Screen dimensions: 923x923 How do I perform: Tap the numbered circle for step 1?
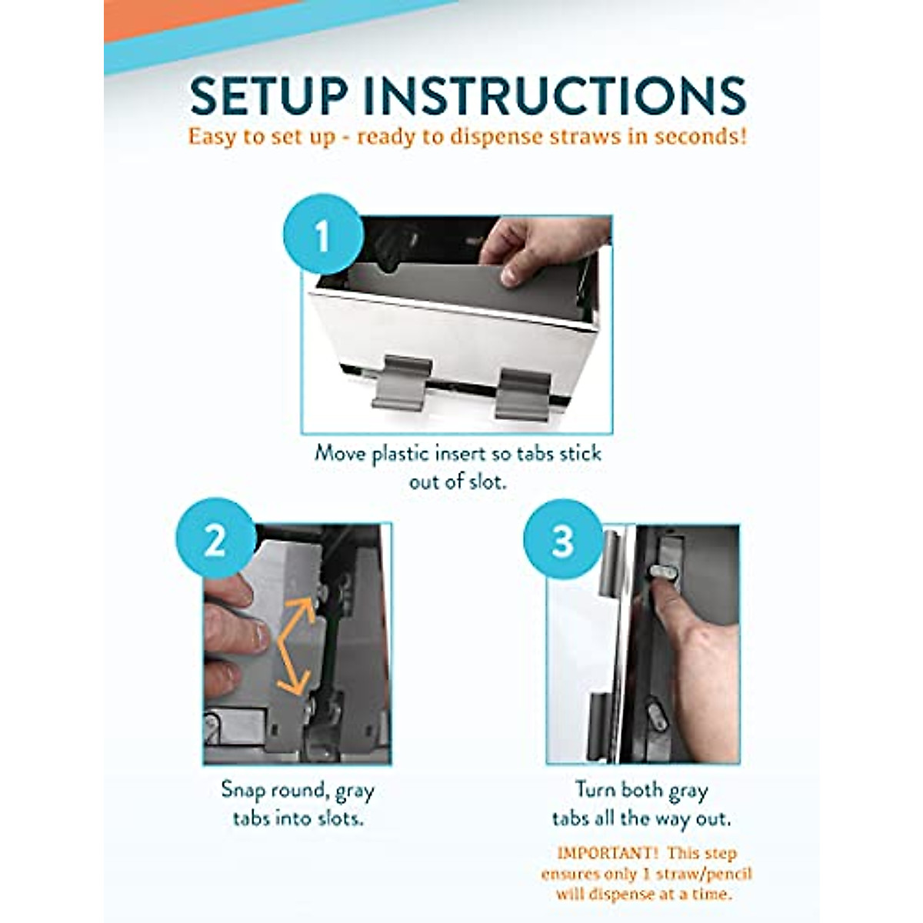point(322,235)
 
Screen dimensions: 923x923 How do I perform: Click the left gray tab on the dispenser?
point(402,383)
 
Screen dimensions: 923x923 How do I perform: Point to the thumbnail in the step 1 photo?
point(510,275)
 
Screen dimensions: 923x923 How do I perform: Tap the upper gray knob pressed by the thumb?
point(663,571)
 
